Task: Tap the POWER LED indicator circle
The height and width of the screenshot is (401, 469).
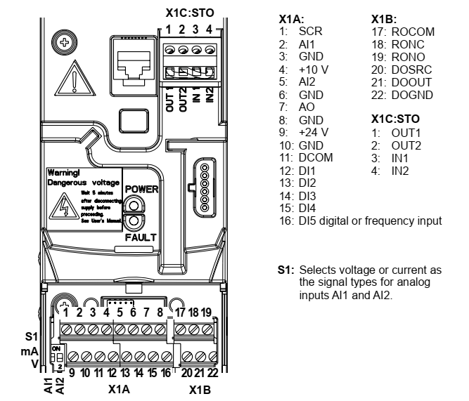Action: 133,204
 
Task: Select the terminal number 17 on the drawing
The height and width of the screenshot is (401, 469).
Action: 180,313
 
